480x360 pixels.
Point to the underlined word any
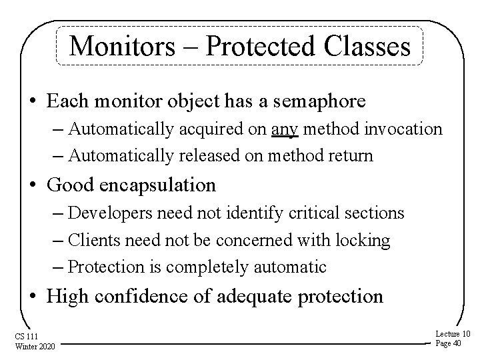285,129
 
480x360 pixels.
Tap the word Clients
95,240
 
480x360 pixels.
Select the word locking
365,240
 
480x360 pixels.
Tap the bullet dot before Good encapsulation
32,185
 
